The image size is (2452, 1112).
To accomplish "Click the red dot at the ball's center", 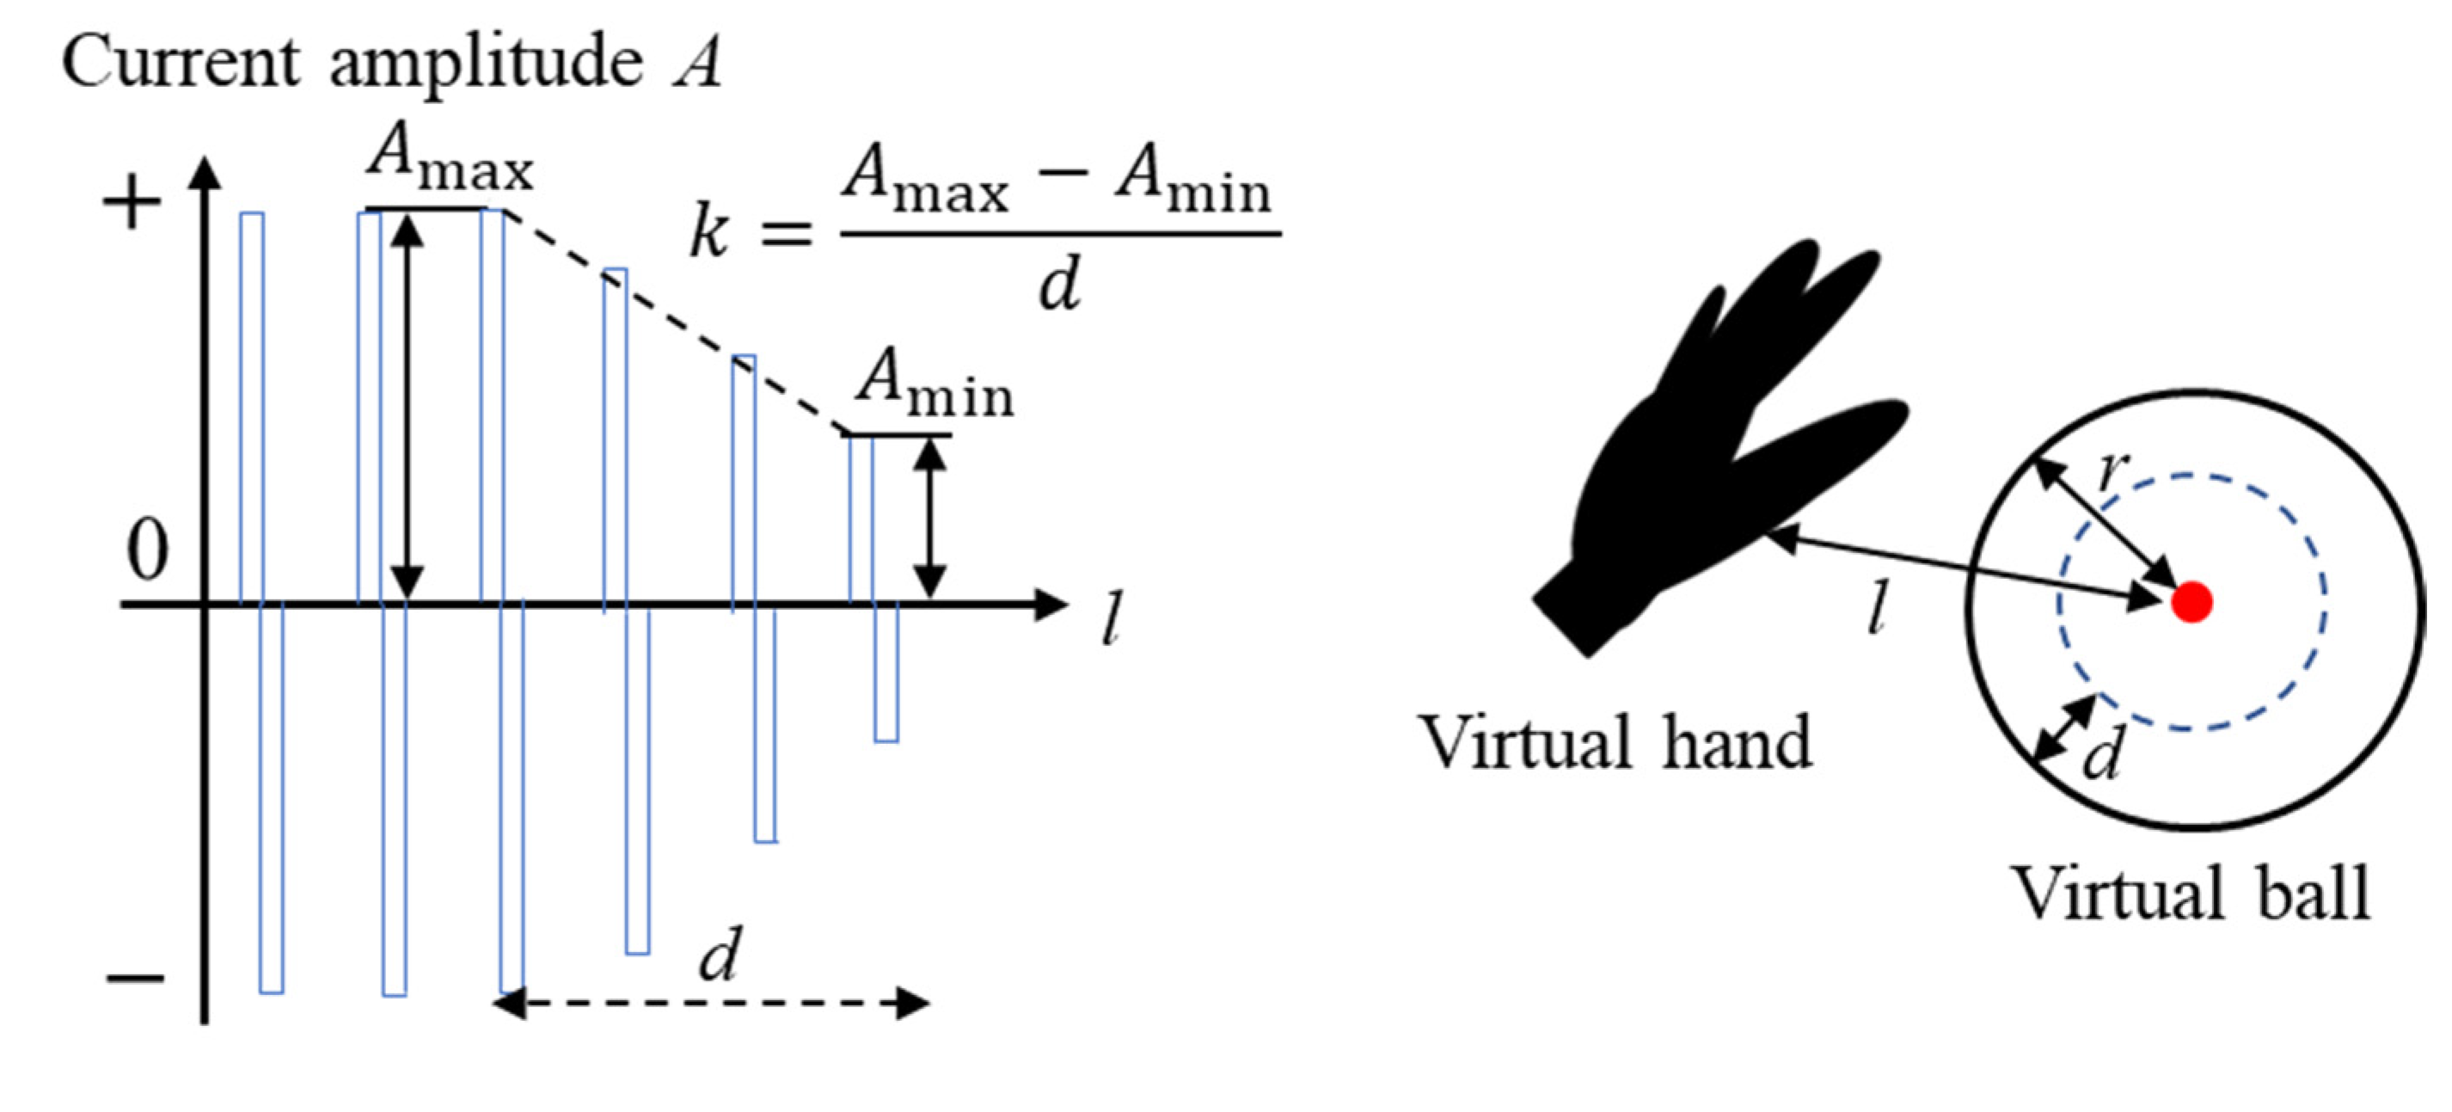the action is [x=2192, y=602].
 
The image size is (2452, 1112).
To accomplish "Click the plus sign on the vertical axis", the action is [x=132, y=204].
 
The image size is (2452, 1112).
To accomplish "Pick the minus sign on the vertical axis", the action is [x=134, y=978].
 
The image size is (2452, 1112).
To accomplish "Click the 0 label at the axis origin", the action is [x=148, y=550].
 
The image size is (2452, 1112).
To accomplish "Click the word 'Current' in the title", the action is [x=181, y=62].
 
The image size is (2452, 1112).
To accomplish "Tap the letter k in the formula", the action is [x=709, y=233].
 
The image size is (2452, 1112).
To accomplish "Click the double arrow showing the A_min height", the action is [x=930, y=519].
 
